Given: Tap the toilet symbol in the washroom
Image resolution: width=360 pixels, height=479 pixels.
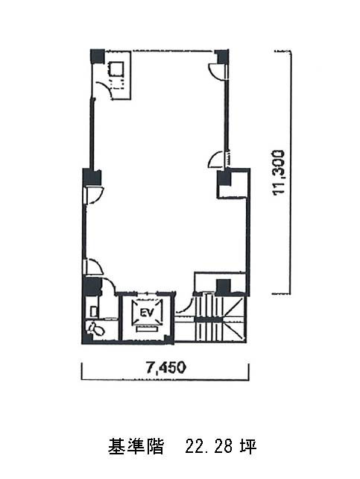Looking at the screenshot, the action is [x=95, y=329].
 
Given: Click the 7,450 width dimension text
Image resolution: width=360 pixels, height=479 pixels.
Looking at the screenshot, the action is [x=165, y=368].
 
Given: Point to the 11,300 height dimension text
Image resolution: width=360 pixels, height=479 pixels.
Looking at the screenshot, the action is [x=280, y=172].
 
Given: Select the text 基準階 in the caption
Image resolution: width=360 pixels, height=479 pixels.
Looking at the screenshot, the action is [x=136, y=447].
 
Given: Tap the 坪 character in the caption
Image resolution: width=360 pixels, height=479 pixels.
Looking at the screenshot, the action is [x=248, y=447].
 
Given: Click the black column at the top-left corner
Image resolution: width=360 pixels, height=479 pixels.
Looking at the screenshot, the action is [x=98, y=56].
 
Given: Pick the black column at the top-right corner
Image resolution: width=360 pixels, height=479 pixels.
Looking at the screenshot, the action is [x=222, y=57].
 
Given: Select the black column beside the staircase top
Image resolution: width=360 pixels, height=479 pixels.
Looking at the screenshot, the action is [x=224, y=287].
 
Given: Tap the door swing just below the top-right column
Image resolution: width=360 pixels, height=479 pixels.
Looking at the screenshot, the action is [x=217, y=71].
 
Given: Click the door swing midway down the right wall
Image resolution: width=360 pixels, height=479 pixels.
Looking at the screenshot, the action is [x=216, y=159].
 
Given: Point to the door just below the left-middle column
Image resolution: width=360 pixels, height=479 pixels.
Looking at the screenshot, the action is [x=95, y=195].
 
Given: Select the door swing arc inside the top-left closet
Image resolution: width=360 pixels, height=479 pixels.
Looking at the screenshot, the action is [x=103, y=90].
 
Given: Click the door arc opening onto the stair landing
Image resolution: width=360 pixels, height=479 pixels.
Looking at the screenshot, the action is [x=184, y=304].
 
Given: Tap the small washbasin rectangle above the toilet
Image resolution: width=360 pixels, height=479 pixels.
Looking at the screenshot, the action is [x=94, y=311].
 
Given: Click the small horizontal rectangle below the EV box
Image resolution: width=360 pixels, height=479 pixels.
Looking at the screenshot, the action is [x=148, y=329].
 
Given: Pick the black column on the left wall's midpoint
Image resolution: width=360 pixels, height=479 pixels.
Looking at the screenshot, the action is [x=92, y=177].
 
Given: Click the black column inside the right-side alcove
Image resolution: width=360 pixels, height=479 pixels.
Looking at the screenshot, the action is [x=224, y=178].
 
